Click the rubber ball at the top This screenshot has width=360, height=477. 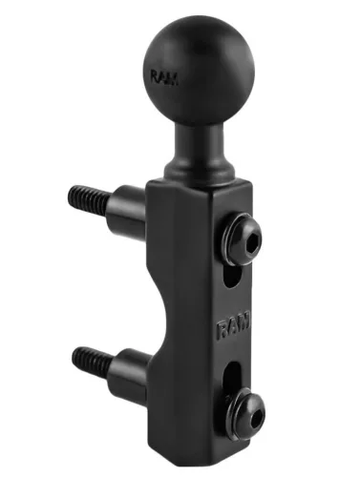coord(200,70)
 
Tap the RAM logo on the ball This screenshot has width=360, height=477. coord(164,77)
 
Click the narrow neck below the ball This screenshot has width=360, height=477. coord(200,139)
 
